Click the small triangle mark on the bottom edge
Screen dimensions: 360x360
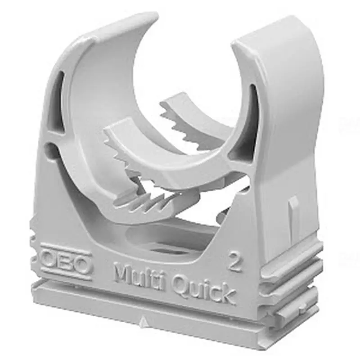click(x=143, y=319)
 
